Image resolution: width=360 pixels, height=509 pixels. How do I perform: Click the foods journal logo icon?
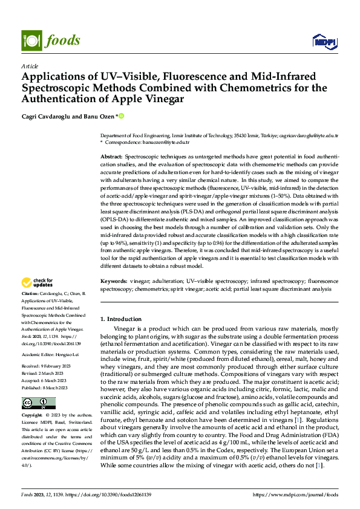pyautogui.click(x=31, y=40)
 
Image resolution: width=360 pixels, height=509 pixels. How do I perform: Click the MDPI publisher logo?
pyautogui.click(x=324, y=41)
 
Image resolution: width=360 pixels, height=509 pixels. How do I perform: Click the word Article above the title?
pyautogui.click(x=30, y=66)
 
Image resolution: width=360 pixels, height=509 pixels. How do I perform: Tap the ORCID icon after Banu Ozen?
pyautogui.click(x=121, y=116)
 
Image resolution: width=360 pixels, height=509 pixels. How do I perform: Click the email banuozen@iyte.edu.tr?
pyautogui.click(x=165, y=142)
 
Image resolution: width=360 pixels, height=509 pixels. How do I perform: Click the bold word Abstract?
pyautogui.click(x=111, y=157)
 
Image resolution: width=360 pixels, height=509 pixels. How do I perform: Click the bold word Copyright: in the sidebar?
pyautogui.click(x=32, y=417)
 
